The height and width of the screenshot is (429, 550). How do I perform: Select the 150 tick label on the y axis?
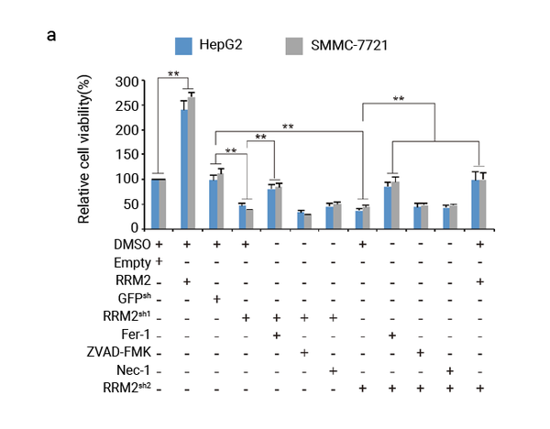pyautogui.click(x=127, y=155)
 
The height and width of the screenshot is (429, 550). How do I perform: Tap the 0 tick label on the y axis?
pyautogui.click(x=135, y=227)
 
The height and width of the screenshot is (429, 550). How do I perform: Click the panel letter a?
pyautogui.click(x=52, y=36)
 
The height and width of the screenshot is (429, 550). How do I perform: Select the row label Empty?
pyautogui.click(x=134, y=263)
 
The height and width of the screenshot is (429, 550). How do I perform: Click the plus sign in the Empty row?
pyautogui.click(x=159, y=263)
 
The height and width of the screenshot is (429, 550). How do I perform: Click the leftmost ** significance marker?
pyautogui.click(x=173, y=71)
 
